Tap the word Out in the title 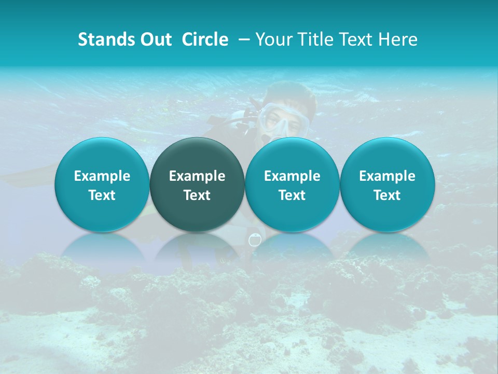click(155, 39)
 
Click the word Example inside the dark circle click(197, 176)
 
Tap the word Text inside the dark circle click(197, 195)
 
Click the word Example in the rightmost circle click(388, 176)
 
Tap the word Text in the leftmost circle click(102, 195)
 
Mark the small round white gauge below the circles click(254, 240)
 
